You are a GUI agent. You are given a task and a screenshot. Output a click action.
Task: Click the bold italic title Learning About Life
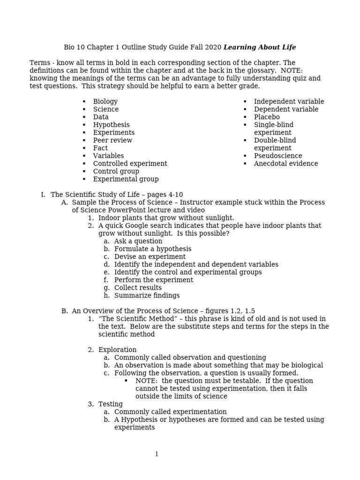coord(260,47)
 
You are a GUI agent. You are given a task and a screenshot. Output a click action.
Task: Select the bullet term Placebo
coord(267,117)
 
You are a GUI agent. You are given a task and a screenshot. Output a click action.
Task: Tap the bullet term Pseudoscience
coord(278,156)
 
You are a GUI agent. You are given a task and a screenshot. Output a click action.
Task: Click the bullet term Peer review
coord(112,141)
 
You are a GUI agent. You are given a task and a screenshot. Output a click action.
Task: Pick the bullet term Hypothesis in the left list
coord(111,125)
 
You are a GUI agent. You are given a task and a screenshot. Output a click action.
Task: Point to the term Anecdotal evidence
coord(286,164)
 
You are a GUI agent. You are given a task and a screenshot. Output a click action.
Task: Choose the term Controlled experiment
coord(130,164)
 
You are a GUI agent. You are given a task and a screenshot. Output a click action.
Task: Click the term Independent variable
coord(289,102)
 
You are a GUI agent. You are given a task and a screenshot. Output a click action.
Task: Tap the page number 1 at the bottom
coord(157,454)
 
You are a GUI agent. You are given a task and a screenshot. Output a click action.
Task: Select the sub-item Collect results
coord(138,288)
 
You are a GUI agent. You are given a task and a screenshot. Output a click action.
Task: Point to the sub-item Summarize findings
coord(147,296)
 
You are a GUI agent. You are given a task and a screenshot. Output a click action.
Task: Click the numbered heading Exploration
coord(117,350)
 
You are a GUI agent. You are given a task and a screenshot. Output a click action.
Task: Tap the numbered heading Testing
coord(111,404)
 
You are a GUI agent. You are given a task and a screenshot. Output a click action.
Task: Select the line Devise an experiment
coord(150,257)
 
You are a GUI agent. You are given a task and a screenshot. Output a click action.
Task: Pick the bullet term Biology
coord(105,102)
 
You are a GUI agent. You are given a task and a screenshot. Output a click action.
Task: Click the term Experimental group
coord(126,179)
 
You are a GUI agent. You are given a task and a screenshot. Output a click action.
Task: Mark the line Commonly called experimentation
coord(170,412)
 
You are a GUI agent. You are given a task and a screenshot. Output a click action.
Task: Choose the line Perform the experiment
coord(154,280)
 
